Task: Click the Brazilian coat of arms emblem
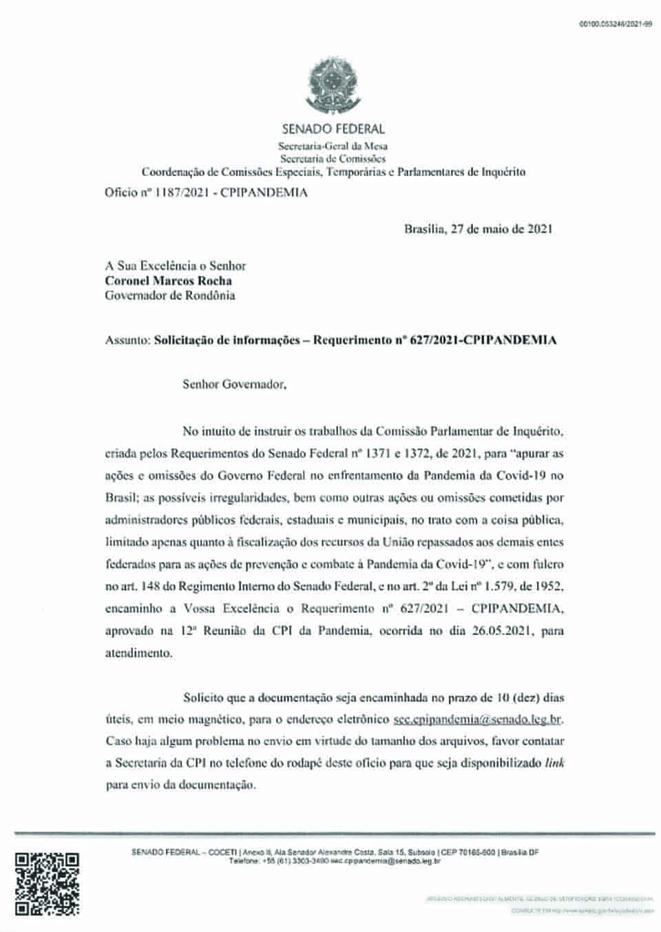pos(333,86)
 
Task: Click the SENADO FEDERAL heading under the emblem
pos(333,129)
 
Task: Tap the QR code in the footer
pos(47,883)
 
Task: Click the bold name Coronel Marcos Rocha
pos(168,281)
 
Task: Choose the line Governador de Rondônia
pos(170,296)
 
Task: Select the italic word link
pos(554,763)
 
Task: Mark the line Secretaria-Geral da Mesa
pos(333,146)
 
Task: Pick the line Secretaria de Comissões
pos(333,158)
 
